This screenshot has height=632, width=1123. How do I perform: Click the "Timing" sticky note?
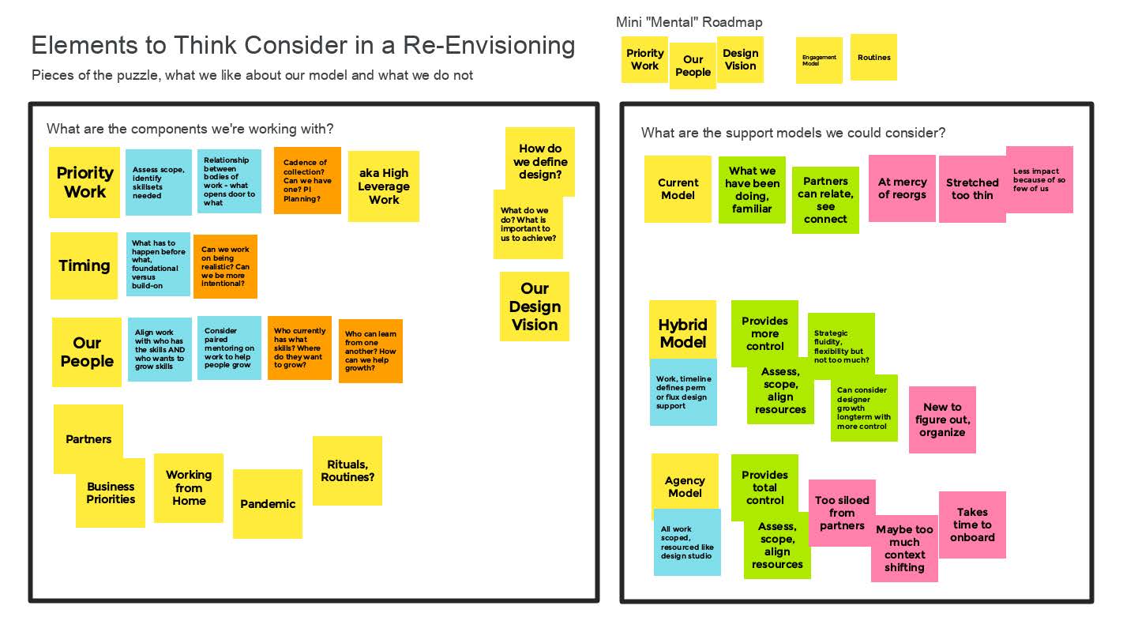[x=85, y=265]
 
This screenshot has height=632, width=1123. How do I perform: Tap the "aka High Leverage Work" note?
[x=384, y=186]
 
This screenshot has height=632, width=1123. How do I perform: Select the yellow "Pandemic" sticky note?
[x=268, y=504]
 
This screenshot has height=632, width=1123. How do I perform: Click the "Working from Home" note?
[x=189, y=487]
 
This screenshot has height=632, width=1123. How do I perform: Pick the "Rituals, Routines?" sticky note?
[x=347, y=471]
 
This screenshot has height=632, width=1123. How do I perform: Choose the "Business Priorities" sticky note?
[x=111, y=494]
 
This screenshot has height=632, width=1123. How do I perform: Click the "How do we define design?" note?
[x=540, y=161]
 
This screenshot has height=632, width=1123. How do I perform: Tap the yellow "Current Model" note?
[x=678, y=189]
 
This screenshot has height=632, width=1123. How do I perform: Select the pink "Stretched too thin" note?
[x=972, y=189]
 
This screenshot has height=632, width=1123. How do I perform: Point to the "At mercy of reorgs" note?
[x=902, y=188]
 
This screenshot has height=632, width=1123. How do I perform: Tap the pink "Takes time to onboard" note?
[x=972, y=525]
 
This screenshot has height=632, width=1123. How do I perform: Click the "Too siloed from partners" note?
[x=842, y=513]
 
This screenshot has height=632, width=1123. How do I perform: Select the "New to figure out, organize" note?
[x=942, y=419]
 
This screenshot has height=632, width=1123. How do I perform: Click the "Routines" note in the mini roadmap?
[x=873, y=57]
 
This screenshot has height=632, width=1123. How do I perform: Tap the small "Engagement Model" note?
[x=819, y=60]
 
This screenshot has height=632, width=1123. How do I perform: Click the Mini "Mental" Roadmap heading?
[x=689, y=22]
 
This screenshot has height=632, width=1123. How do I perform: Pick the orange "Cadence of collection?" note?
[x=307, y=180]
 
